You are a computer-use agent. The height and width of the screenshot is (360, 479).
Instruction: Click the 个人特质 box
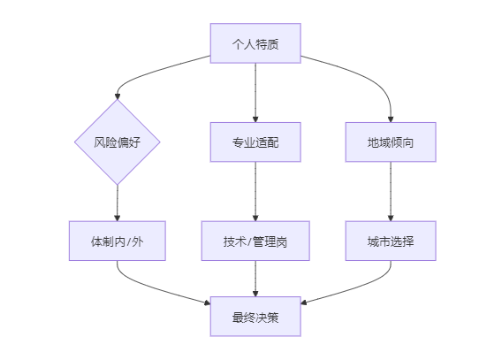(255, 43)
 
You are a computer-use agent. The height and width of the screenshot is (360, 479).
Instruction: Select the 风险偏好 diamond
(118, 142)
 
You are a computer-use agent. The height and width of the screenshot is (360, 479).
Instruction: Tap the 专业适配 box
(255, 142)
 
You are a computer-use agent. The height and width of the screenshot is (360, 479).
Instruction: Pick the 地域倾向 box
(391, 142)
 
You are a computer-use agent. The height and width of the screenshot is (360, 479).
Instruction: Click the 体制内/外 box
(118, 241)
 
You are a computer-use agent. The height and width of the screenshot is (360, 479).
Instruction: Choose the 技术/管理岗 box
(255, 241)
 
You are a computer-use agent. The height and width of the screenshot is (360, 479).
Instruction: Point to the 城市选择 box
(391, 241)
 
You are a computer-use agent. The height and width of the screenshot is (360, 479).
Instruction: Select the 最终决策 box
(255, 317)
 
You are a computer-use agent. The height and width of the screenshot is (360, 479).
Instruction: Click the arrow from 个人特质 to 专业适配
(255, 93)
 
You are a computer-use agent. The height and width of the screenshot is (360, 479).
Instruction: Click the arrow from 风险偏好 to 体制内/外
(118, 203)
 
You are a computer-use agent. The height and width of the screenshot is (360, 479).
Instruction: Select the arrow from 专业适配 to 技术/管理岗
(255, 191)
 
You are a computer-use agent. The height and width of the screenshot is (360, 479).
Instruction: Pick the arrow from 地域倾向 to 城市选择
(391, 191)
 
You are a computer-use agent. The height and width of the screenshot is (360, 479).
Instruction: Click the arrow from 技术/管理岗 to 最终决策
(255, 279)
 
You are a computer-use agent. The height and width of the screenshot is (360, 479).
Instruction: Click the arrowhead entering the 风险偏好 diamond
(118, 96)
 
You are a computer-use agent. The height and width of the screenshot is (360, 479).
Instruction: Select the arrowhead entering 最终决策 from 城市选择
(304, 303)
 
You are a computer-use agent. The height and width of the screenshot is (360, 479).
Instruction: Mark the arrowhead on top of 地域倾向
(391, 119)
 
